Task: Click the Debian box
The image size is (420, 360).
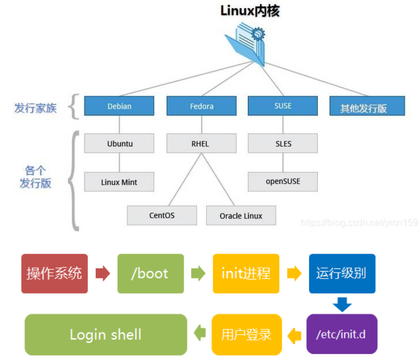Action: click(119, 106)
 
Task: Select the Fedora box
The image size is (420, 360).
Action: click(202, 106)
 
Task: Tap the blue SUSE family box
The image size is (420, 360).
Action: click(283, 106)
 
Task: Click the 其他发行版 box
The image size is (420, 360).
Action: click(367, 106)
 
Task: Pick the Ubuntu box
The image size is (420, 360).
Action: click(119, 143)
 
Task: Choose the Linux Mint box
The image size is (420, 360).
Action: click(119, 182)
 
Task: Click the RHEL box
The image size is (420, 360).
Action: click(202, 143)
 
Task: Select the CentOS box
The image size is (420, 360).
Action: click(162, 215)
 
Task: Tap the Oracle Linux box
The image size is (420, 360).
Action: click(241, 215)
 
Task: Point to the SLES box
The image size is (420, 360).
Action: click(283, 143)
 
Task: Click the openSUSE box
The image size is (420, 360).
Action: click(283, 182)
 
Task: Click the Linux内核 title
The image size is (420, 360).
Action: click(250, 11)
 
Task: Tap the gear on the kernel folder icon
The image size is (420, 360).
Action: click(258, 34)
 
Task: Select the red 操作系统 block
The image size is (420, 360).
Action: click(55, 274)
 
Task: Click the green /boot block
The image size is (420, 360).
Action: click(151, 274)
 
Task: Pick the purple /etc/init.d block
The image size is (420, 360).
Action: click(342, 334)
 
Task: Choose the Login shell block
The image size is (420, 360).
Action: click(106, 335)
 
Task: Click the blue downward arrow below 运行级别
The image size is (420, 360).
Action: click(342, 304)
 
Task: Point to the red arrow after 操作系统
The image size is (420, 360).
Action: click(103, 274)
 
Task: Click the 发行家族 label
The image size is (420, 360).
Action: click(35, 108)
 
